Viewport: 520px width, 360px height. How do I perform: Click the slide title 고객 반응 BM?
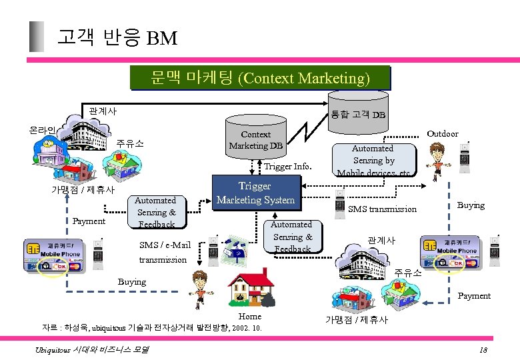click(x=117, y=37)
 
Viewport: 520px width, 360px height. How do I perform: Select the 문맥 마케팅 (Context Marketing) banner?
click(x=260, y=78)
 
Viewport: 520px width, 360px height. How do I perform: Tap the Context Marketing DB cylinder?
click(x=255, y=139)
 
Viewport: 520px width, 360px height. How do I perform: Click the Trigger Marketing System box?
click(x=255, y=193)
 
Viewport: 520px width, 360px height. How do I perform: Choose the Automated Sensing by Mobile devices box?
click(x=373, y=160)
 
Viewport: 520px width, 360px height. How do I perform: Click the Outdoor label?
click(x=443, y=134)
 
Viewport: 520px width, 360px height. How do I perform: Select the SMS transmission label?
click(x=383, y=209)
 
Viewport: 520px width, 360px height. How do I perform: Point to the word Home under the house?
click(x=250, y=317)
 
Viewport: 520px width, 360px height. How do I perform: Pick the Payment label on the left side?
click(x=89, y=221)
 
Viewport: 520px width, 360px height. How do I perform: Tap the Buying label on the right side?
click(x=471, y=205)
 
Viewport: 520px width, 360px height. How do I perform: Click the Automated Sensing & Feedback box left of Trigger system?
click(x=155, y=211)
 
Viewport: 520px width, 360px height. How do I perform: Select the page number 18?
click(x=484, y=351)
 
